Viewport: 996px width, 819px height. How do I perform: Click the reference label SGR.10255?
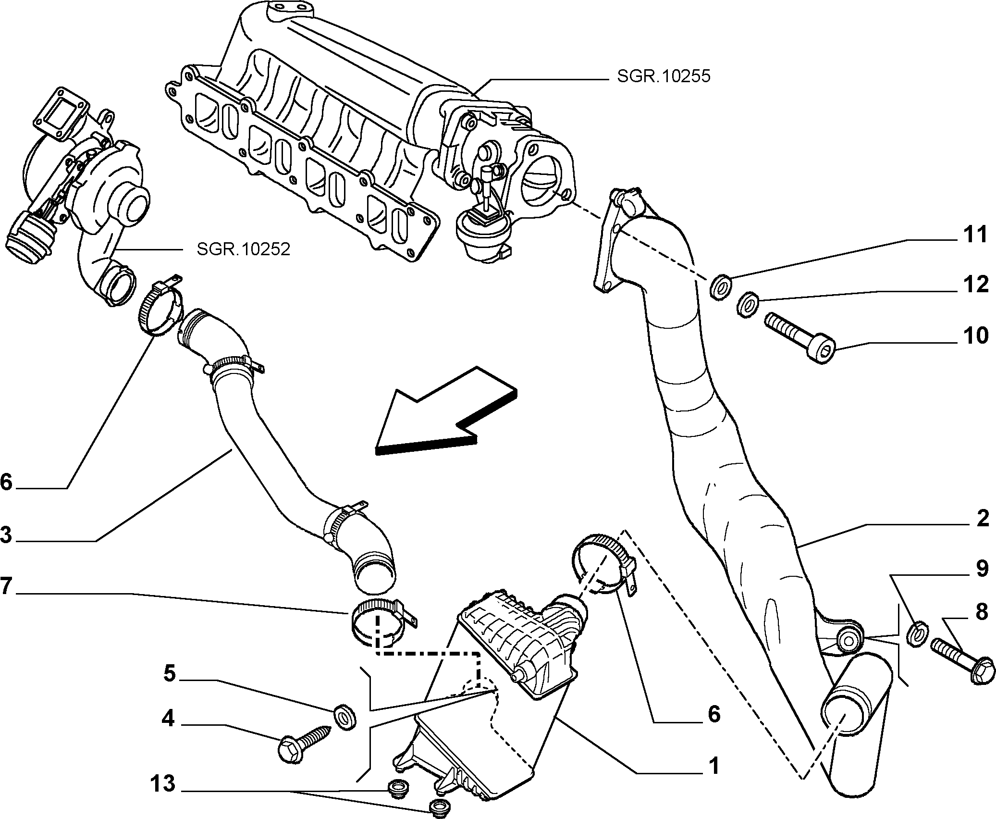coord(663,76)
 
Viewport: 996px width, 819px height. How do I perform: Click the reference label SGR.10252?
coord(244,249)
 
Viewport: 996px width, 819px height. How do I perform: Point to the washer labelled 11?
coord(721,287)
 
